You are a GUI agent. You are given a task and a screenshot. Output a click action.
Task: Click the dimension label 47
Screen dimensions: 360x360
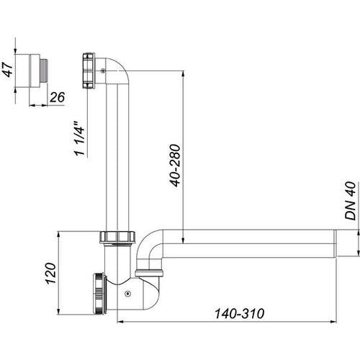pyautogui.click(x=7, y=70)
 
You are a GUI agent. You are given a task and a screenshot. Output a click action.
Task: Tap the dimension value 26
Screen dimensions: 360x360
pyautogui.click(x=57, y=97)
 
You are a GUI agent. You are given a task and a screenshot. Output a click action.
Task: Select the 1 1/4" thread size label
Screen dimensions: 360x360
pyautogui.click(x=79, y=138)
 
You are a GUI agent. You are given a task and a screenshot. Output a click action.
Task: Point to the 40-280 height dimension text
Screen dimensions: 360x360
pyautogui.click(x=175, y=166)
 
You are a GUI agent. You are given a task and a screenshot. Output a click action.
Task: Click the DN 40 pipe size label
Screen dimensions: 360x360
pyautogui.click(x=350, y=201)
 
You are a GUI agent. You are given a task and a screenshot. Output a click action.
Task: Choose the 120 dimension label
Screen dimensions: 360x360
pyautogui.click(x=51, y=274)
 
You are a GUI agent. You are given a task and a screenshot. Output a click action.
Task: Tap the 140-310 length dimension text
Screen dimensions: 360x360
pyautogui.click(x=239, y=314)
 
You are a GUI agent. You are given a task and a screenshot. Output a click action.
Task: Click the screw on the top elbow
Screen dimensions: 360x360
pyautogui.click(x=103, y=71)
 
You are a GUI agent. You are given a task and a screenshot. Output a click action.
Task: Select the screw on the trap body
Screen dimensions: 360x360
pyautogui.click(x=127, y=293)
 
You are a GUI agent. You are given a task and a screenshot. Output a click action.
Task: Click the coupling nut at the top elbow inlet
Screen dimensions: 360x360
pyautogui.click(x=89, y=71)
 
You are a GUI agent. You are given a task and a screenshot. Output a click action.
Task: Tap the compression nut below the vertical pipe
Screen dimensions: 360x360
pyautogui.click(x=117, y=237)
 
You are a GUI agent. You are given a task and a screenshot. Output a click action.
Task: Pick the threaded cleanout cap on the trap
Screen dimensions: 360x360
pyautogui.click(x=99, y=293)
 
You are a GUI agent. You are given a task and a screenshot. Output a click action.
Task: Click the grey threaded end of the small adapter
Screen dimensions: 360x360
pyautogui.click(x=43, y=70)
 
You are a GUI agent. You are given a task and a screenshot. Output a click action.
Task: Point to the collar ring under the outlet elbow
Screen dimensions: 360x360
pyautogui.click(x=149, y=273)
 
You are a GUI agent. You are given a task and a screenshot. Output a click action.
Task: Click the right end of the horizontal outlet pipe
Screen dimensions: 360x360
pyautogui.click(x=336, y=243)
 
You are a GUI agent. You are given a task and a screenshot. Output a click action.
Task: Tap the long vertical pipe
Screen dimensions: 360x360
pyautogui.click(x=117, y=157)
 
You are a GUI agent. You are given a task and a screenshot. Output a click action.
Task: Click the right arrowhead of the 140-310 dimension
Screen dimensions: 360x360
pyautogui.click(x=333, y=322)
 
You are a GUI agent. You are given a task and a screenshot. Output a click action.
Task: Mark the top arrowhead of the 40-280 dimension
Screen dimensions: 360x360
pyautogui.click(x=183, y=73)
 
